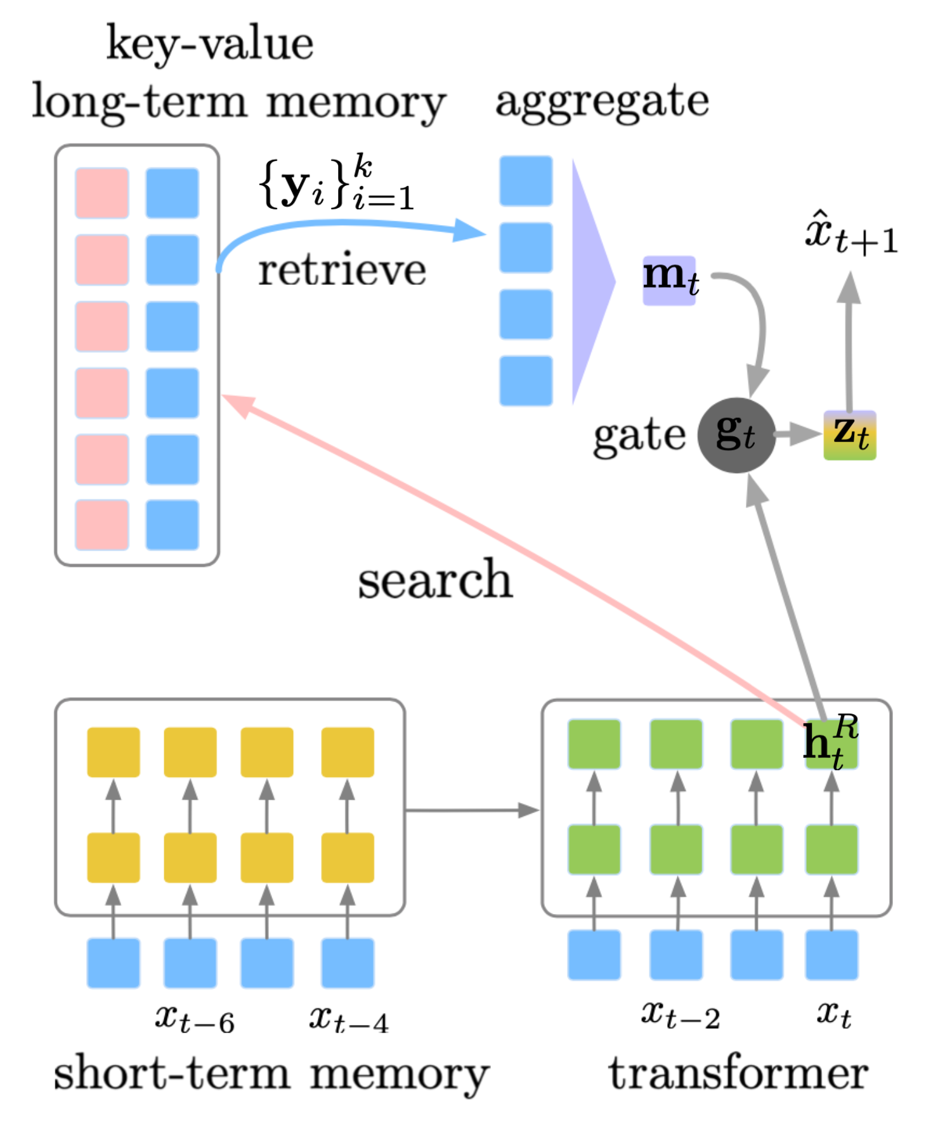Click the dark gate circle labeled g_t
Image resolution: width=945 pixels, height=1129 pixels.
(x=736, y=435)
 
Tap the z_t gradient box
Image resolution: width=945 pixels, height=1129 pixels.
(x=849, y=435)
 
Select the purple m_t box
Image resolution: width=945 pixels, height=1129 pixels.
(x=669, y=280)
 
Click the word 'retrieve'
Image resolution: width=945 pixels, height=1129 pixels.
(x=342, y=271)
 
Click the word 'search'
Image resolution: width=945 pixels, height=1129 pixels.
(x=435, y=580)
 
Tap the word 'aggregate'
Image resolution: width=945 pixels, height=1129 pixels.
(x=602, y=101)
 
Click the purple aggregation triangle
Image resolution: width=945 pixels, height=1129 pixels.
(x=590, y=281)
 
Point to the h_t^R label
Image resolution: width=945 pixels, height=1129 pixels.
(x=830, y=741)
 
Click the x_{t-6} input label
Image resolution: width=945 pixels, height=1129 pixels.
(x=194, y=1019)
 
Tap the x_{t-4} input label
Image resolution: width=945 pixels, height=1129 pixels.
(x=348, y=1019)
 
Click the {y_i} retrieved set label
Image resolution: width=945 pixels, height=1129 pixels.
(x=336, y=185)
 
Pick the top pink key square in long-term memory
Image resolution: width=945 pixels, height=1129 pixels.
(x=102, y=193)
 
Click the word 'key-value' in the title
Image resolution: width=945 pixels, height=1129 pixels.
(x=209, y=44)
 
